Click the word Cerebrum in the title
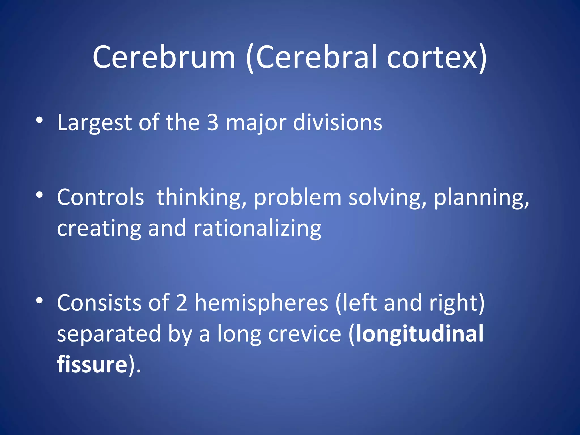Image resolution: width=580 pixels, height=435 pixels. [164, 57]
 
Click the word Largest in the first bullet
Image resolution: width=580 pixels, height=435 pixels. [94, 123]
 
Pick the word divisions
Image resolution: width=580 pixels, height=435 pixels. [337, 122]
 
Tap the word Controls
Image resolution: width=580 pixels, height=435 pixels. [100, 197]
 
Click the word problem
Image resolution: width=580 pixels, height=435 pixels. [297, 198]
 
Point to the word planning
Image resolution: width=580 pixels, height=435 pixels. [481, 198]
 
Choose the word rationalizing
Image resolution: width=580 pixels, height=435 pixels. [257, 228]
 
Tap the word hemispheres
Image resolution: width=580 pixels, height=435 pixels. [261, 303]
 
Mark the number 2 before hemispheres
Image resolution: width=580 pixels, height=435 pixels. [182, 303]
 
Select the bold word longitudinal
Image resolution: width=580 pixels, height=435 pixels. [420, 334]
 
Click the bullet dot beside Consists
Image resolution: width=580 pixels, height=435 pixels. [39, 300]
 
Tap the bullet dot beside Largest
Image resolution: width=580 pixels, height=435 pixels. [39, 120]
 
